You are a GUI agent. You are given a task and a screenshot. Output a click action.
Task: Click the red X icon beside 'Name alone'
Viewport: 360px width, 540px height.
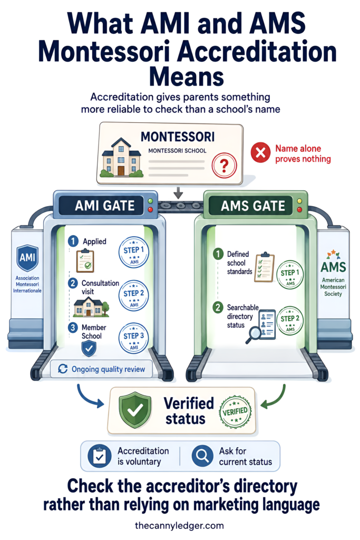tap(260, 152)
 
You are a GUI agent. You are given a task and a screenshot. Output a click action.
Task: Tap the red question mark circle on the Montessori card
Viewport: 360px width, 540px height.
tap(224, 166)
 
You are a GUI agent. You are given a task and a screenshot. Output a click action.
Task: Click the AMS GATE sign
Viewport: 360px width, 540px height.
tap(253, 206)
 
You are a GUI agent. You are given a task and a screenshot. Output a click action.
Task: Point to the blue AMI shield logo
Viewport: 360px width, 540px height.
tap(27, 258)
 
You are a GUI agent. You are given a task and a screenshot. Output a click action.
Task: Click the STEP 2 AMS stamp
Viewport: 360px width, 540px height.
tap(290, 321)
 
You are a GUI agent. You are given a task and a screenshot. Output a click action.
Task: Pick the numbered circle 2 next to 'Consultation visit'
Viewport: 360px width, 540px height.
tap(73, 283)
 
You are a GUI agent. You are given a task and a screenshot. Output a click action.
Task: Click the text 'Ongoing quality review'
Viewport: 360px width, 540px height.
tap(109, 369)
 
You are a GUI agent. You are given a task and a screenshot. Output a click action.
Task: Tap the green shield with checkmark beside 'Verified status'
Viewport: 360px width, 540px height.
tap(135, 410)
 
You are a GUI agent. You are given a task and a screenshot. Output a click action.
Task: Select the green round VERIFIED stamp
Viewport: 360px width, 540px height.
tap(235, 411)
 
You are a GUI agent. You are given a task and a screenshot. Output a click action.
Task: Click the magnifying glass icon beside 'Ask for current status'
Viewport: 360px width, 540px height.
tap(202, 456)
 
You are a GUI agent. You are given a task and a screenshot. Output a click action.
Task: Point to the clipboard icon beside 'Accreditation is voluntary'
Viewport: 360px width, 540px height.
tap(100, 456)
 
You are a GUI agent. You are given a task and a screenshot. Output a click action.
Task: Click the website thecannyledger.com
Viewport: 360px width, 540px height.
tap(179, 526)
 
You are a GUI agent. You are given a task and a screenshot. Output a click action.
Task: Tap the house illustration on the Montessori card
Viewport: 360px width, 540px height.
tap(121, 158)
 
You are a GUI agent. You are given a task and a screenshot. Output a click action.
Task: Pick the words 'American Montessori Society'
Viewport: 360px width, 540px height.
tap(333, 287)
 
